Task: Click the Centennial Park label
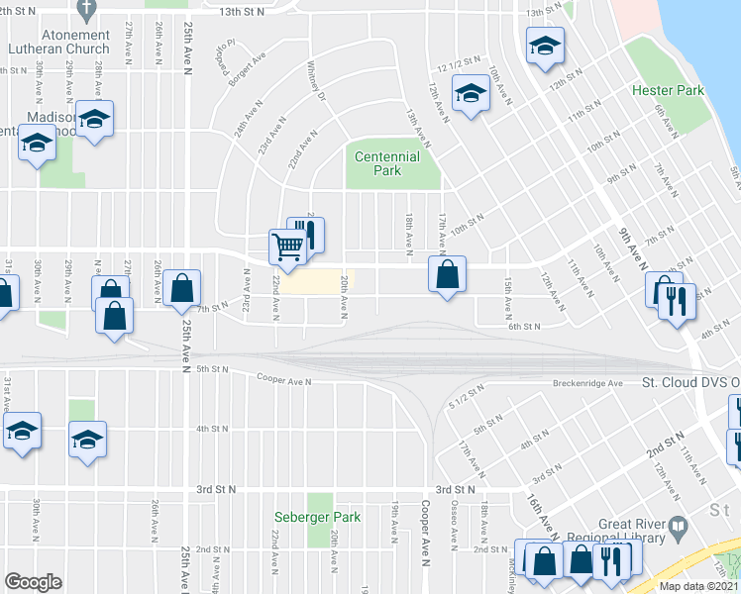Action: tap(387, 163)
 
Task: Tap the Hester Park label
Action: tap(668, 91)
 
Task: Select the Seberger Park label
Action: tap(317, 517)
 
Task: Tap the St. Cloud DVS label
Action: tap(689, 382)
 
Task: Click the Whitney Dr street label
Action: tap(315, 82)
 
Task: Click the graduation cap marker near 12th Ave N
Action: tap(471, 96)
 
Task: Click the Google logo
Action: tap(33, 582)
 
